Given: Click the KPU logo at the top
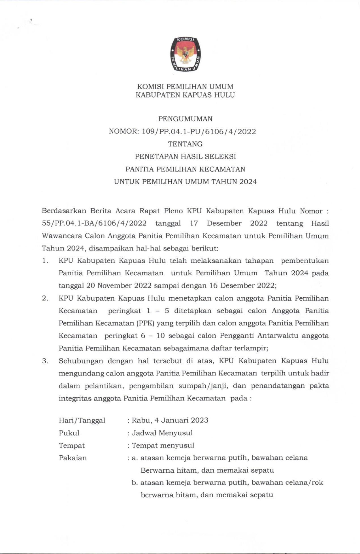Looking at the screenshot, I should pos(186,54).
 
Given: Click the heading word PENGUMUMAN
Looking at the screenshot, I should pos(185,119).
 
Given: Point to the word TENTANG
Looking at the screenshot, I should pos(185,144).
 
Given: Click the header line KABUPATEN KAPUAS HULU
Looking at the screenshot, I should pos(185,95).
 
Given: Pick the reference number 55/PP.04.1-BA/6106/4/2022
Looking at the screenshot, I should pos(94,223).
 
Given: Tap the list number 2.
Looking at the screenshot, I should pos(45,298).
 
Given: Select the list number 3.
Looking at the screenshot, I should pos(45,361).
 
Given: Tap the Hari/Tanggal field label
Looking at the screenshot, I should pos(82,420).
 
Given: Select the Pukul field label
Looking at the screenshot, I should pos(69,433).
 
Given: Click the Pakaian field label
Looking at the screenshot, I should pos(73,458).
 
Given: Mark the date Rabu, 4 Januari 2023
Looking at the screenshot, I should pos(170,420).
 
